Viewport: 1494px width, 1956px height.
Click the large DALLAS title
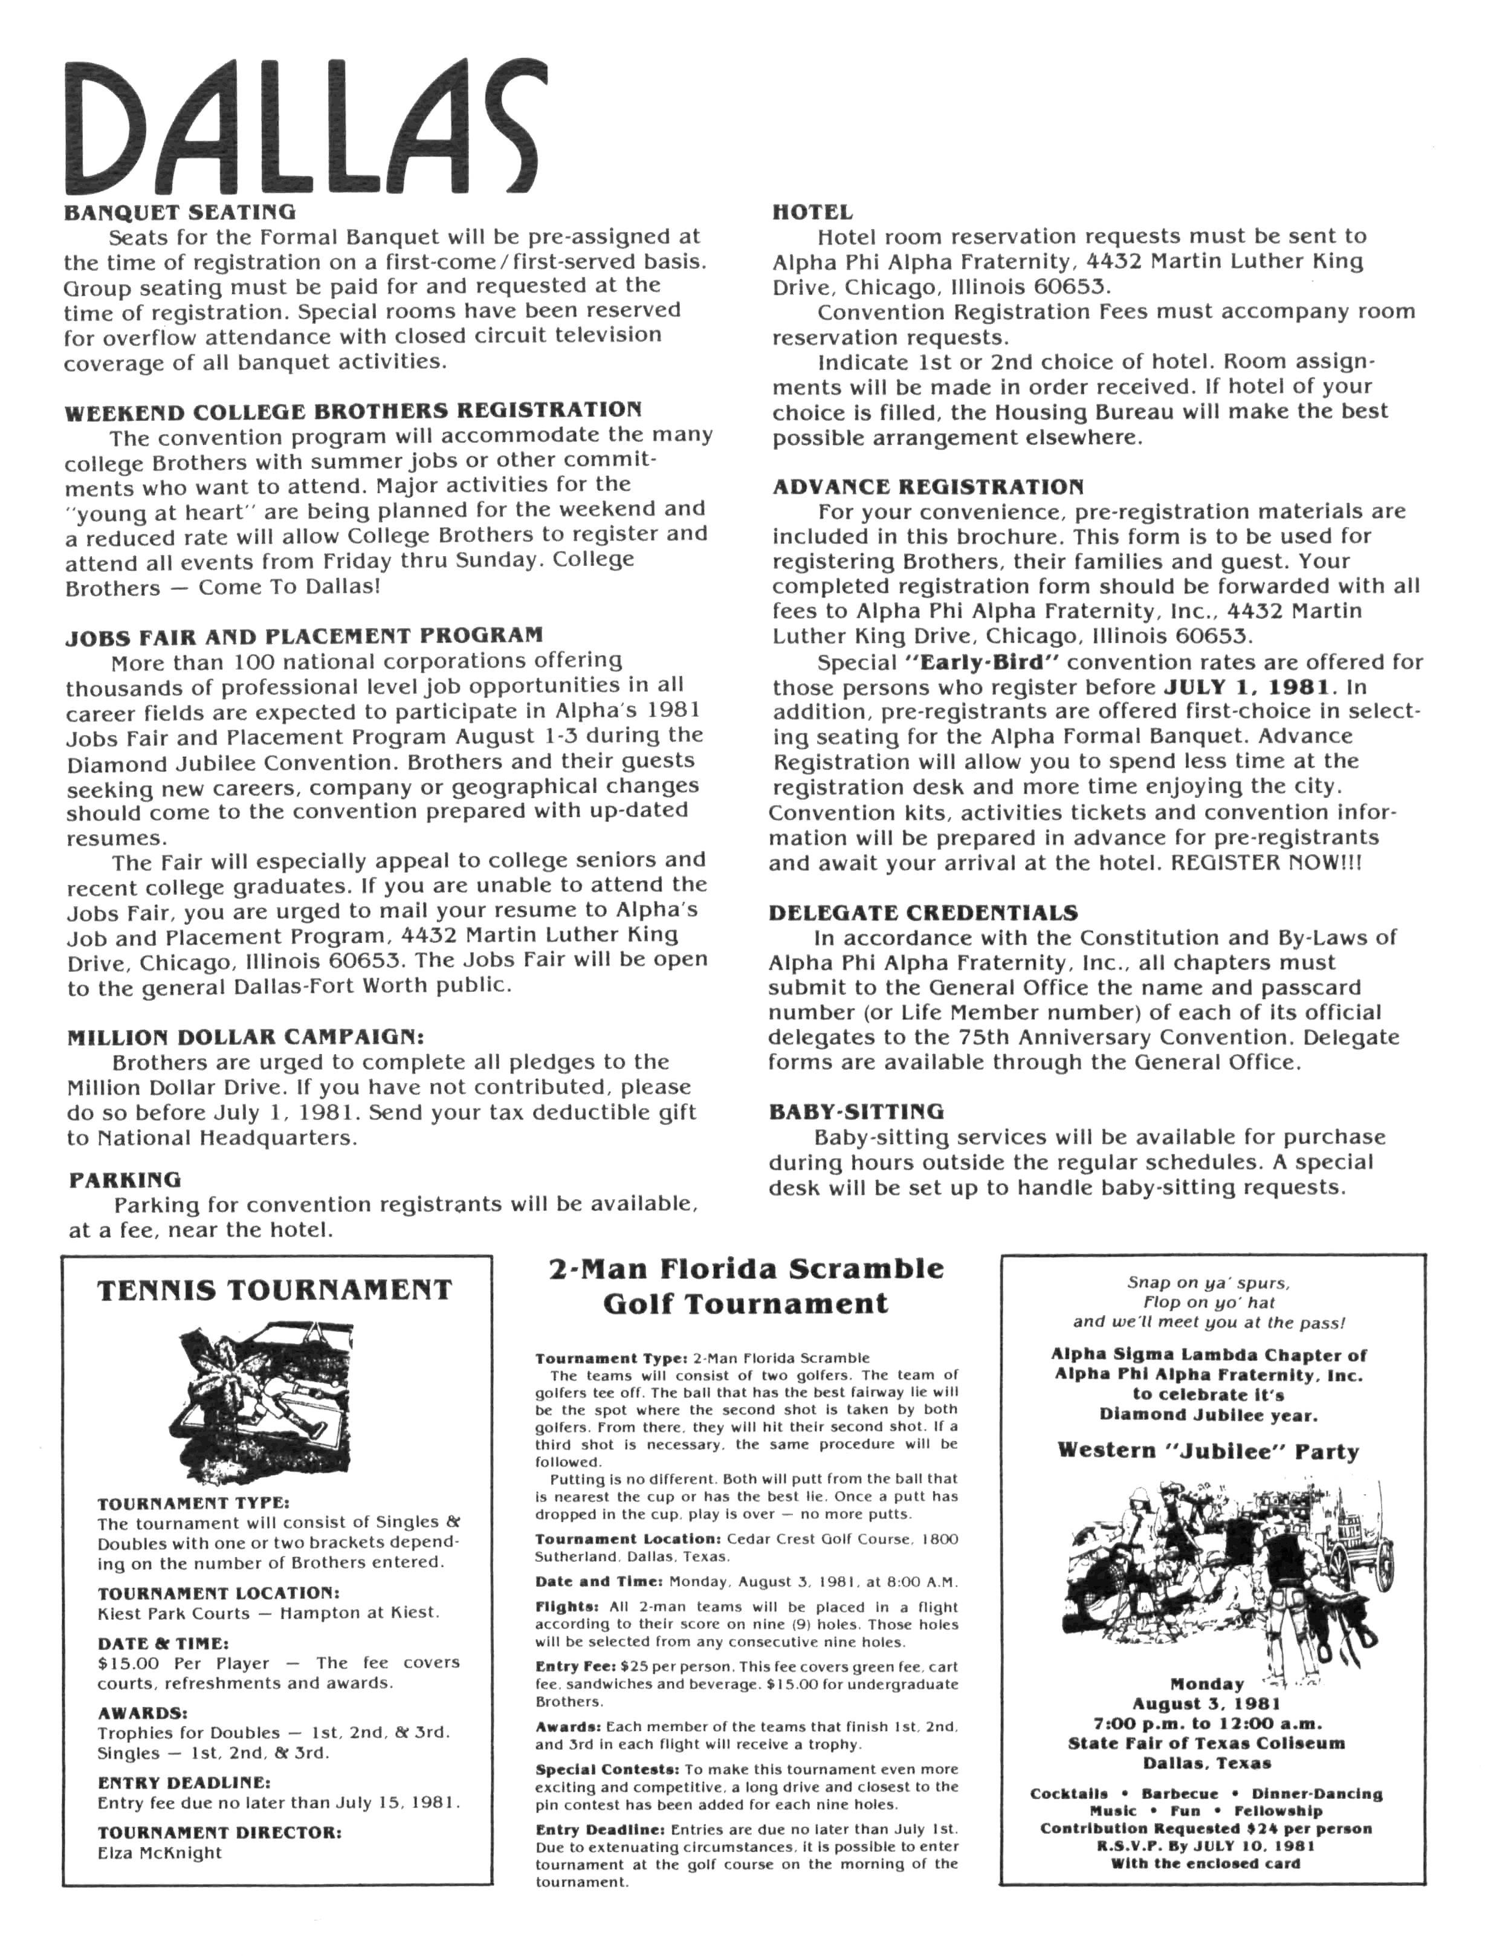302,129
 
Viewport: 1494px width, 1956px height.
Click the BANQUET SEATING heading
179,212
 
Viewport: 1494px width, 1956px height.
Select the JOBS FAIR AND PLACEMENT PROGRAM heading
303,636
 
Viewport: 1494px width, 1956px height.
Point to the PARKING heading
124,1179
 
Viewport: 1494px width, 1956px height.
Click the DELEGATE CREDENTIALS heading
922,913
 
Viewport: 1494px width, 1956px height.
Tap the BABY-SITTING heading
856,1112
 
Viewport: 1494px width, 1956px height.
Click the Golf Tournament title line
745,1304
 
